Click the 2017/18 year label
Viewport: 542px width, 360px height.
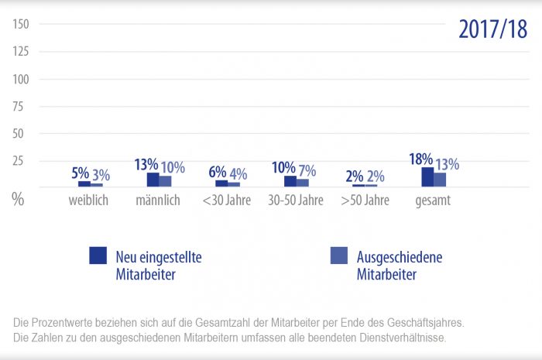click(492, 29)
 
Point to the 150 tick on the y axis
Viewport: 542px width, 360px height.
click(21, 24)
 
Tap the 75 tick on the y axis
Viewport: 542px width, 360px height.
click(21, 106)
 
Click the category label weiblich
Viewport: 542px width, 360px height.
click(89, 201)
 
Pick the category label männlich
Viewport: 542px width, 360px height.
click(157, 201)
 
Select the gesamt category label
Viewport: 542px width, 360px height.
click(432, 201)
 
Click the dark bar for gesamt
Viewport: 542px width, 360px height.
click(427, 177)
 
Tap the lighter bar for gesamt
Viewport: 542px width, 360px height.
click(440, 180)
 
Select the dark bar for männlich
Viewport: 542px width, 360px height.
click(153, 180)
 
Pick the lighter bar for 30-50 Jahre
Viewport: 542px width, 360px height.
click(303, 183)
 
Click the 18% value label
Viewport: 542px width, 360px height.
click(420, 159)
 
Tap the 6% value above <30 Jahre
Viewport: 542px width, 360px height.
click(218, 173)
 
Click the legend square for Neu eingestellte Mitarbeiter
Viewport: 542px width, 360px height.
click(98, 256)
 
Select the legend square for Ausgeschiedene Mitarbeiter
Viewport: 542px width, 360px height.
click(338, 256)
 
